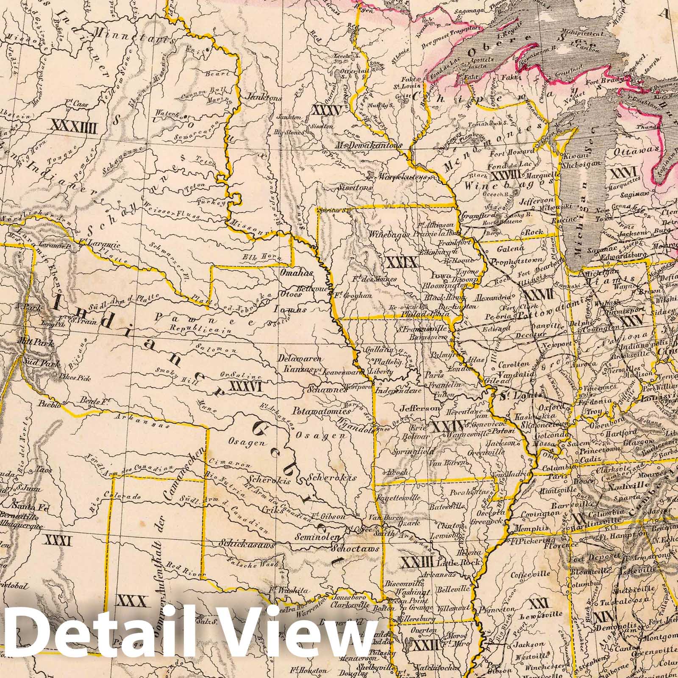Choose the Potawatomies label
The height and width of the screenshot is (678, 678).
coord(316,411)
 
